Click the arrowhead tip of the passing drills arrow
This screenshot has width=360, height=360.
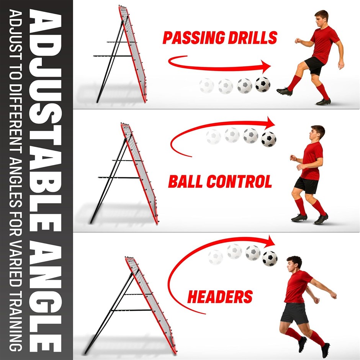[271, 66]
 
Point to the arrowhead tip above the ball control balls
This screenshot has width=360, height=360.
[275, 124]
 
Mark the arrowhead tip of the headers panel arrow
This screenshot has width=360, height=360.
[275, 244]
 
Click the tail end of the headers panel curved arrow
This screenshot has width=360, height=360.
[206, 314]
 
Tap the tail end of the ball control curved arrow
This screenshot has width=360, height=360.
[191, 157]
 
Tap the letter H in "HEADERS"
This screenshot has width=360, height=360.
[193, 296]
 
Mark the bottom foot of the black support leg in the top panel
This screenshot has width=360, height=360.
[98, 102]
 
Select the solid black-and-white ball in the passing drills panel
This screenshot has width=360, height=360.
[263, 85]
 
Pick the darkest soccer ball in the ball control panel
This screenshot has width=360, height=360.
[268, 139]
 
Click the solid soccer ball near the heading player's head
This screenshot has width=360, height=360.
[270, 259]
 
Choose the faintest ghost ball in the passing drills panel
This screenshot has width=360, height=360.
[207, 86]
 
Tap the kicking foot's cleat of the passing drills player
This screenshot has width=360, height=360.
[284, 92]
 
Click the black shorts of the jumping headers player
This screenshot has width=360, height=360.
[295, 313]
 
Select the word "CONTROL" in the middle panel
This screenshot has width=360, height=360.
[239, 182]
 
